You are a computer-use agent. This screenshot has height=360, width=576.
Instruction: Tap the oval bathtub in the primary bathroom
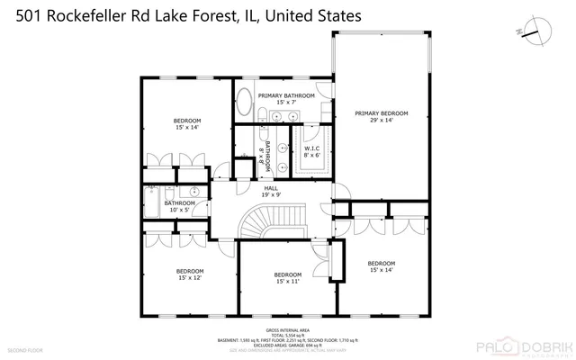[x=244, y=105]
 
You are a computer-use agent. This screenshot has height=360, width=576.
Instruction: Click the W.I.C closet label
[x=312, y=151]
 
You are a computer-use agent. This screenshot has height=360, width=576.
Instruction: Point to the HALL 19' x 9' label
[x=271, y=190]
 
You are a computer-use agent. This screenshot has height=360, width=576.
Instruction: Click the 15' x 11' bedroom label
[x=287, y=278]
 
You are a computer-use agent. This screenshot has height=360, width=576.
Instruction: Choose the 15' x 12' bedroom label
[x=189, y=274]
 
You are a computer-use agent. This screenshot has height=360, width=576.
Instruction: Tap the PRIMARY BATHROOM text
[x=286, y=98]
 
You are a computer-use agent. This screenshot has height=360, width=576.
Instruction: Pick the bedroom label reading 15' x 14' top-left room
[x=187, y=124]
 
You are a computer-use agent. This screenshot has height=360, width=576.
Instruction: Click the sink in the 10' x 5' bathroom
[x=195, y=192]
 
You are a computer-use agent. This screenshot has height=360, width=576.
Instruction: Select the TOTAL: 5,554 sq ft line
[x=288, y=336]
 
